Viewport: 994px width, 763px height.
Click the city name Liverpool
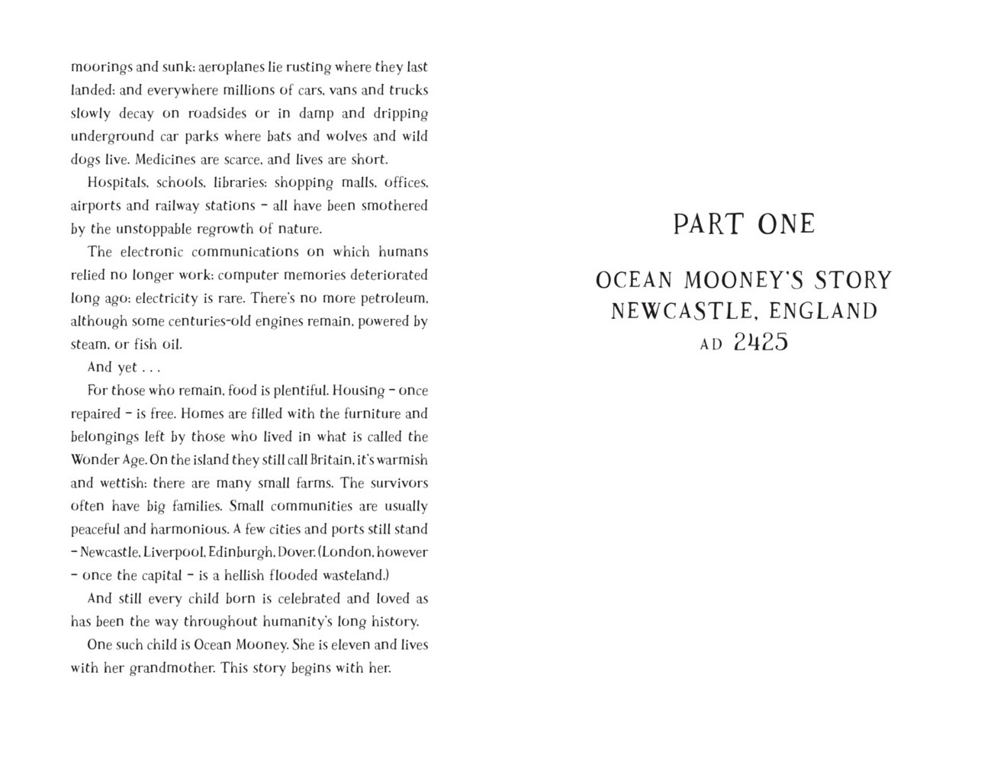(174, 552)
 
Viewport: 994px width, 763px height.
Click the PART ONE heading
(744, 224)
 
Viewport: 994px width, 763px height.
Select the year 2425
(761, 343)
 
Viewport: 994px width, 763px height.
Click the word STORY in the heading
(852, 281)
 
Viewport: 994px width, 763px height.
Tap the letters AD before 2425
(711, 344)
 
